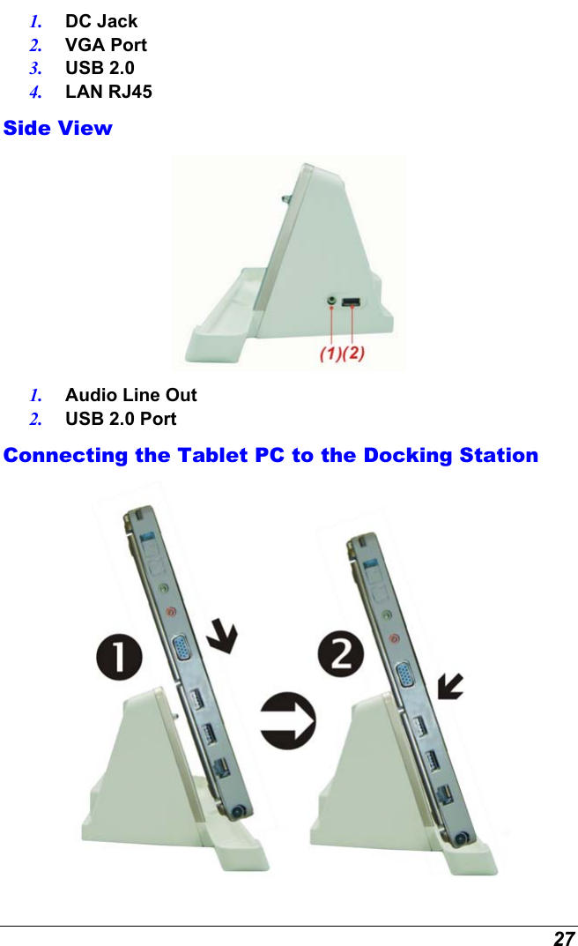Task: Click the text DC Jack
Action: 100,21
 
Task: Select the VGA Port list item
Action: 106,45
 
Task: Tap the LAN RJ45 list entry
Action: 107,92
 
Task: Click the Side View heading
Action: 58,128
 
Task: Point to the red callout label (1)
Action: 330,354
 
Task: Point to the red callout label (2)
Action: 352,354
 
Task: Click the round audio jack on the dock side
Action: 331,302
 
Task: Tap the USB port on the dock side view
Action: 350,302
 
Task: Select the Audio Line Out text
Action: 130,395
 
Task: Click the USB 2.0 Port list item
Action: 120,419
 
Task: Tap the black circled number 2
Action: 340,658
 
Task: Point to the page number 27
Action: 564,938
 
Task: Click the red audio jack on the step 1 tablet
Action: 171,611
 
